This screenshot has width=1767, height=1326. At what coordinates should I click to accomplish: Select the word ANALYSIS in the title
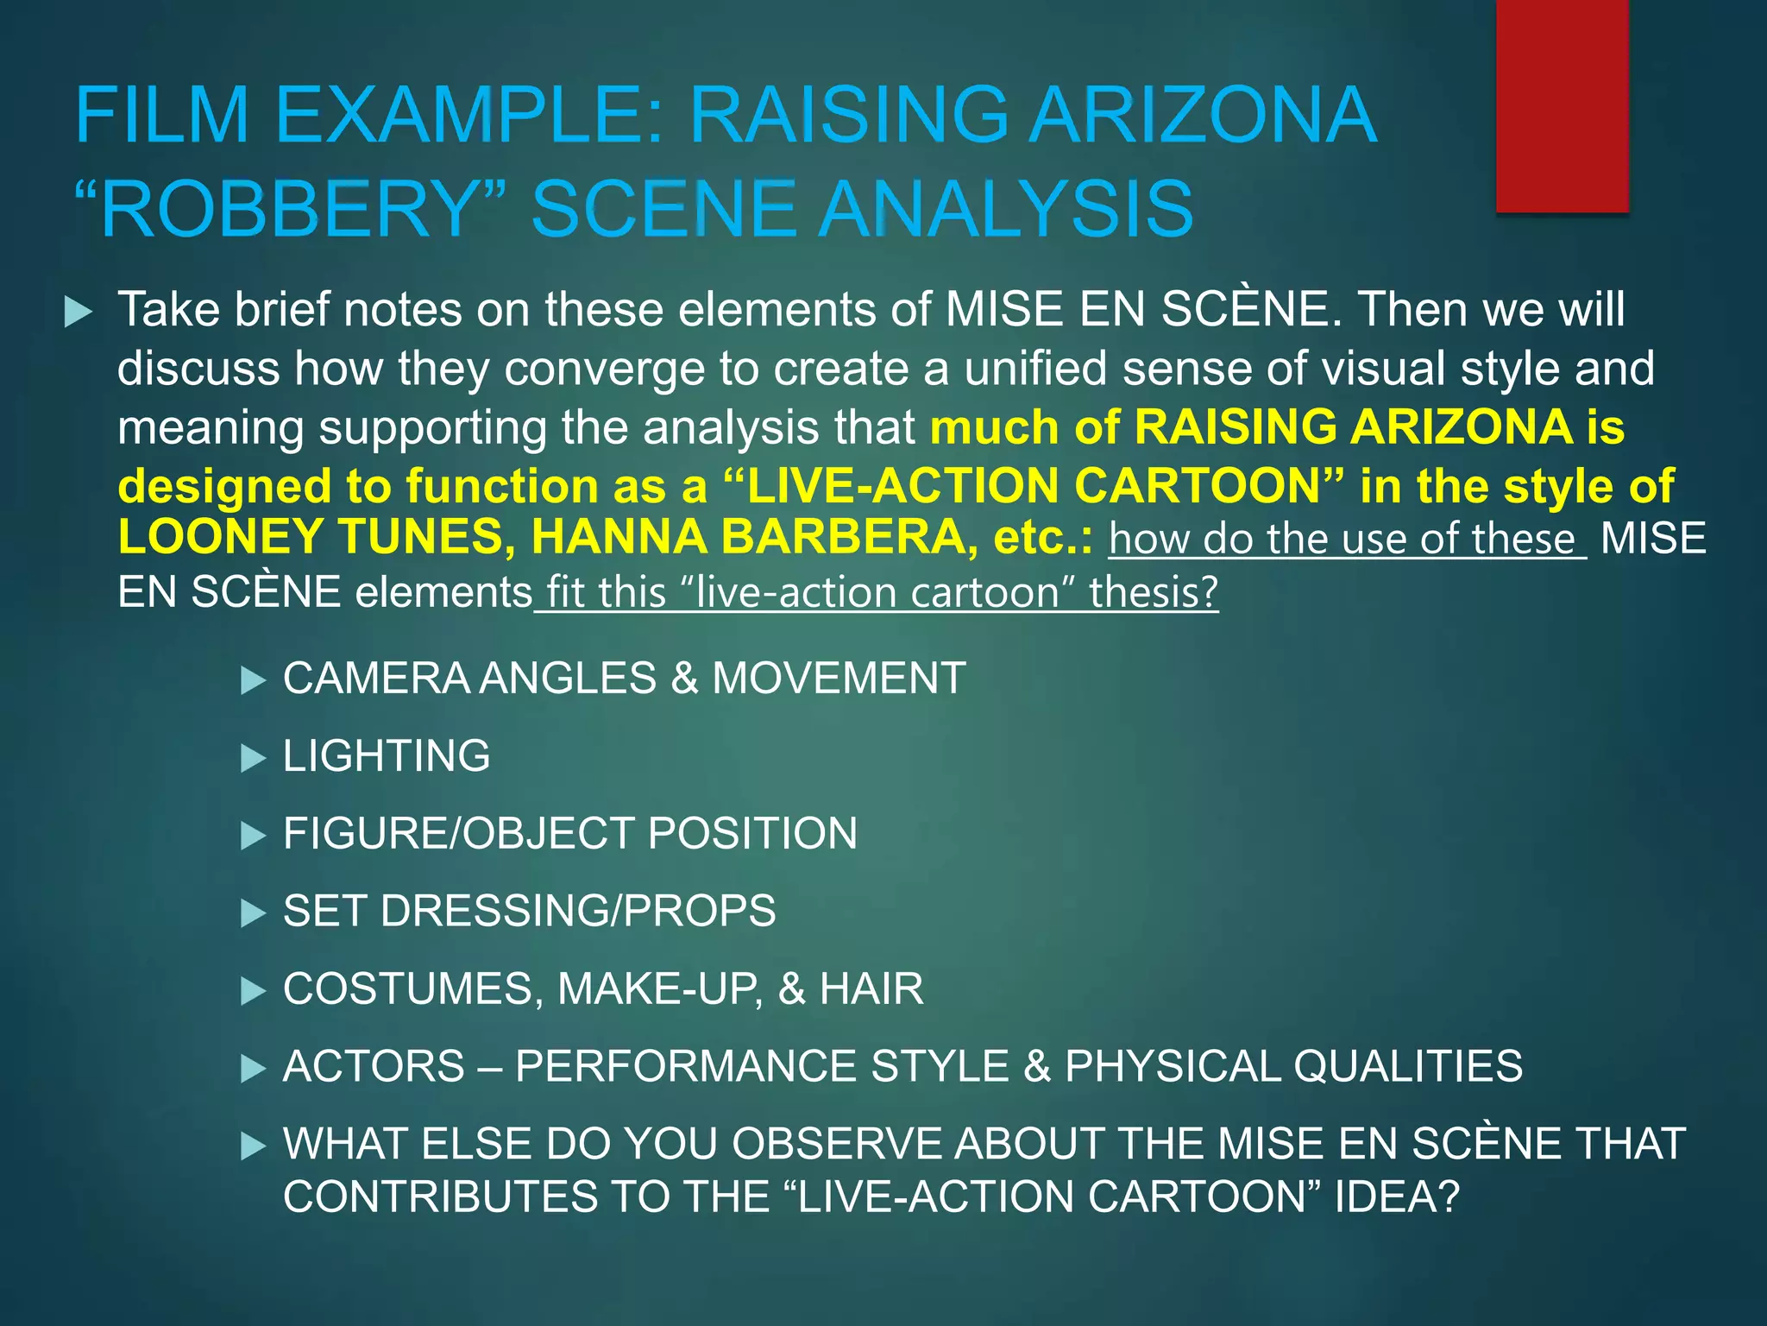[x=1006, y=209]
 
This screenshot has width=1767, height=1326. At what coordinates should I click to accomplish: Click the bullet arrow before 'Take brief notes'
[x=79, y=312]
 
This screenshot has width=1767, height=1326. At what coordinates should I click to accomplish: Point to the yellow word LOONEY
[x=220, y=537]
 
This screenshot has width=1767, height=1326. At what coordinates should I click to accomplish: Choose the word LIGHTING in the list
[x=387, y=756]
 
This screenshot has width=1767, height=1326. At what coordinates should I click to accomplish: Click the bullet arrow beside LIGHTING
[x=253, y=759]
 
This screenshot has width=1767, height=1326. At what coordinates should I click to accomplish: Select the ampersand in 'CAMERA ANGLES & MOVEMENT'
[x=684, y=679]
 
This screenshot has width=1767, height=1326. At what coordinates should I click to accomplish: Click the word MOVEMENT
[x=839, y=679]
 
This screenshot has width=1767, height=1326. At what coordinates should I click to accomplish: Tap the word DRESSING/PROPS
[x=578, y=912]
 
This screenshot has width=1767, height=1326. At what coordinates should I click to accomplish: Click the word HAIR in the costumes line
[x=871, y=989]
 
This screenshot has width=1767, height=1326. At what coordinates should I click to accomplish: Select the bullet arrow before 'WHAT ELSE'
[x=253, y=1147]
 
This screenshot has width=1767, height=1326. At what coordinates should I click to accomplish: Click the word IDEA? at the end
[x=1397, y=1197]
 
